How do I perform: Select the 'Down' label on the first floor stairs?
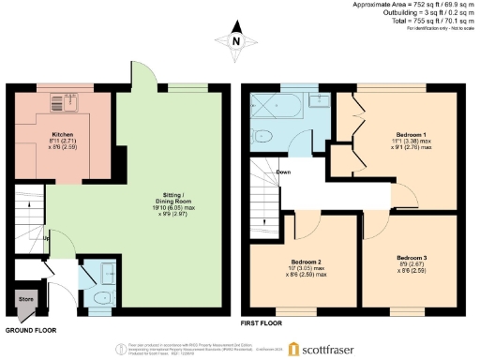[282, 172]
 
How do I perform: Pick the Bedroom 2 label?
[306, 262]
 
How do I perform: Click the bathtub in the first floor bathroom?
[285, 103]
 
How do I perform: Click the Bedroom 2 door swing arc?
[309, 222]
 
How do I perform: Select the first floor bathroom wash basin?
[319, 99]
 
